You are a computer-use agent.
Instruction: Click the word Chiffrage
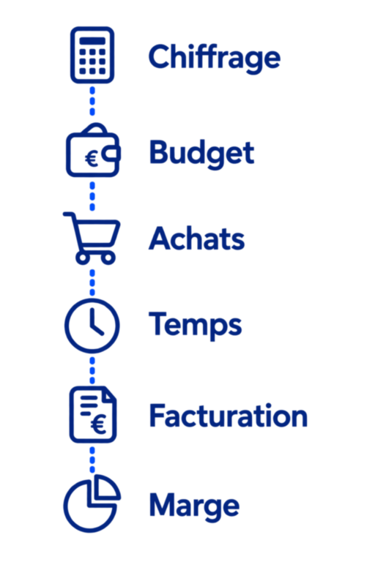pos(215,57)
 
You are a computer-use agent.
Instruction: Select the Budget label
pos(201,153)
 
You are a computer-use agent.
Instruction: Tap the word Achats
pos(196,239)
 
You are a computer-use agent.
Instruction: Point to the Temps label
pos(196,324)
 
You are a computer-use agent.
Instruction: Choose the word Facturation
pos(229,416)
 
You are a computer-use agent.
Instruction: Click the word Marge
pos(194,506)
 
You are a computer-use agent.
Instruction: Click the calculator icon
pos(92,55)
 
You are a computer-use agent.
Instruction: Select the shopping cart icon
pos(92,239)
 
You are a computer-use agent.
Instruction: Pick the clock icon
pos(92,326)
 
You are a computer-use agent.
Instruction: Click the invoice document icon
pos(93,415)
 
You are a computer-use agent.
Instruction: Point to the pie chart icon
pos(92,503)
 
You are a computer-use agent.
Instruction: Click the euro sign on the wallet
pos(92,158)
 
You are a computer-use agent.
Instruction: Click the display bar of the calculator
pos(92,41)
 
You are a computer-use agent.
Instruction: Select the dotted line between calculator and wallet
pos(92,101)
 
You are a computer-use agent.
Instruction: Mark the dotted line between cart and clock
pos(92,282)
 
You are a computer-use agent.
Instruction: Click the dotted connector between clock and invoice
pos(92,370)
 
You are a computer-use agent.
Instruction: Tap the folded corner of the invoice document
pos(110,395)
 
